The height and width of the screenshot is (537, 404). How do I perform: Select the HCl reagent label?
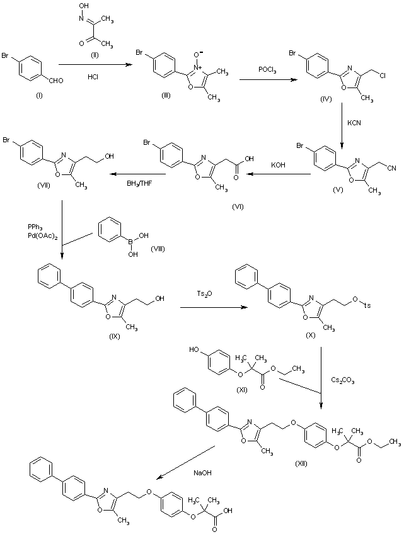(93, 77)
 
